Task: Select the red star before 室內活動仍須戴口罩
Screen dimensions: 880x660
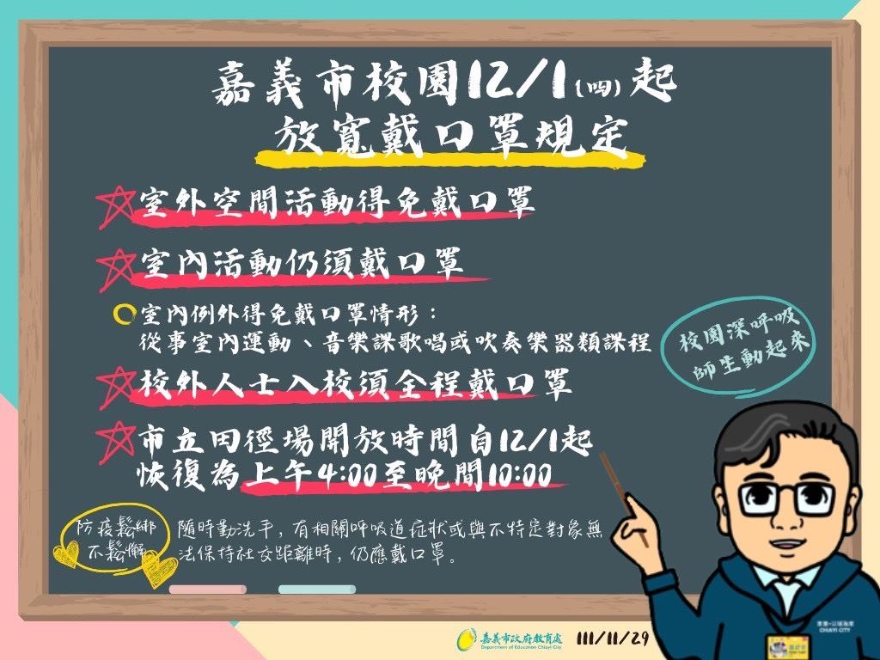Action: tap(116, 269)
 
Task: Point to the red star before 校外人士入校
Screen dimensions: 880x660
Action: tap(116, 388)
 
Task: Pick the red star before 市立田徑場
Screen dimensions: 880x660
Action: tap(116, 443)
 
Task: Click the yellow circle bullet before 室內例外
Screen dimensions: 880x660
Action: tap(124, 314)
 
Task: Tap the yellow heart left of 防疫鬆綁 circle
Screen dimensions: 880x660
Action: tap(66, 553)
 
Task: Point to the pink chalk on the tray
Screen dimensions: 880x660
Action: tap(208, 590)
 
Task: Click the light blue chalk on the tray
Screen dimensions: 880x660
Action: tap(317, 590)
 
